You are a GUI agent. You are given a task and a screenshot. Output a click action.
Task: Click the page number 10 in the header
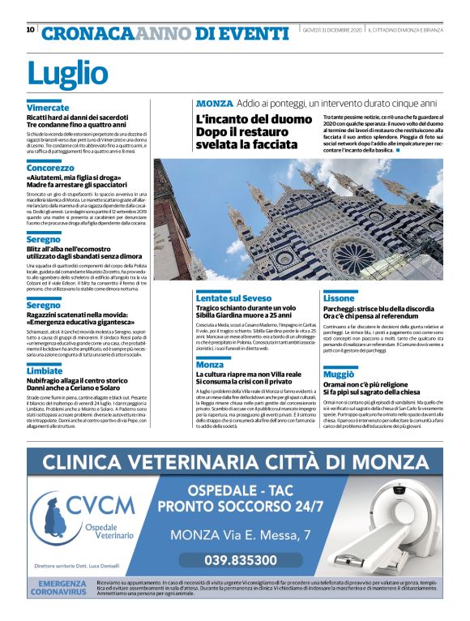pos(30,29)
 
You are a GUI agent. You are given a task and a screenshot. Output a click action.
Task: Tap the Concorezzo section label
pos(50,168)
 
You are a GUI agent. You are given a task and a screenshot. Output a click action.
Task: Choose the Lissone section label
pos(339,298)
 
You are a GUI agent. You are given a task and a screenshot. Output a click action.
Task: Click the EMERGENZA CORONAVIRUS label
pos(61,588)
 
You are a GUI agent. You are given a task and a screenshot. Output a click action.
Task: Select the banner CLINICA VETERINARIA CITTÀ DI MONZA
pos(235,464)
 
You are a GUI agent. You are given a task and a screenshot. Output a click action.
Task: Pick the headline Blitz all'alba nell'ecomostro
pos(78,251)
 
